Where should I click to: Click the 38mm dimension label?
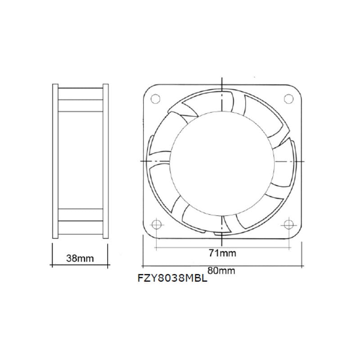[80, 258]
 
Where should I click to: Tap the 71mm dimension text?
[222, 253]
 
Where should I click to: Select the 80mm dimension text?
[221, 270]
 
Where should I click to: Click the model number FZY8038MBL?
[172, 278]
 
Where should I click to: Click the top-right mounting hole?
[288, 97]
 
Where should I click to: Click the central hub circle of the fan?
[222, 160]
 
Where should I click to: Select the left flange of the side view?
[55, 161]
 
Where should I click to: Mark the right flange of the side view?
[105, 161]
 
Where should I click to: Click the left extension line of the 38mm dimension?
[53, 254]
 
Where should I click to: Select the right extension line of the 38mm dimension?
[108, 254]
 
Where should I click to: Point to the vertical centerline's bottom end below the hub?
[222, 232]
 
